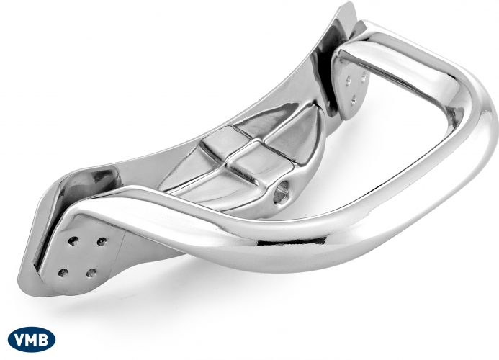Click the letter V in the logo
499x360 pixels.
19,340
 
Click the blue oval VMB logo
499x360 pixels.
32,340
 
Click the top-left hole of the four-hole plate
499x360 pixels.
73,240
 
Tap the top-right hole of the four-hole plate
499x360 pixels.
102,241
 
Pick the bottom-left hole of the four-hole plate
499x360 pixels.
63,272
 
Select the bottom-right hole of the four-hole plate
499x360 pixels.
91,273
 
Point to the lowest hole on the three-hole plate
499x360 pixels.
354,102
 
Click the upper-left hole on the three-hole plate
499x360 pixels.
349,78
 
